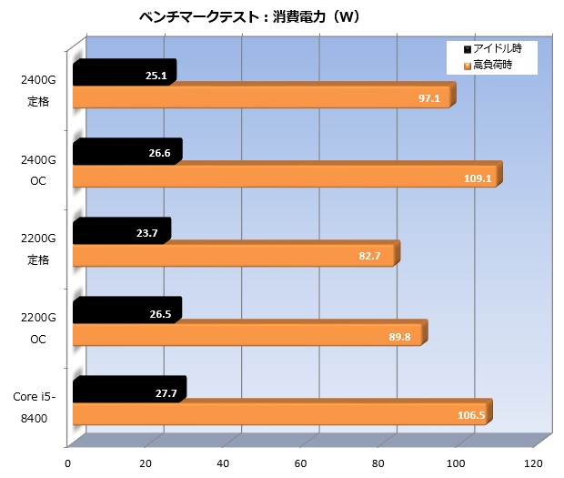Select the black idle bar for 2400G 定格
(123, 76)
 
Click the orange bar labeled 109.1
(286, 178)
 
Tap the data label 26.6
(159, 154)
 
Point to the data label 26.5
(159, 313)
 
